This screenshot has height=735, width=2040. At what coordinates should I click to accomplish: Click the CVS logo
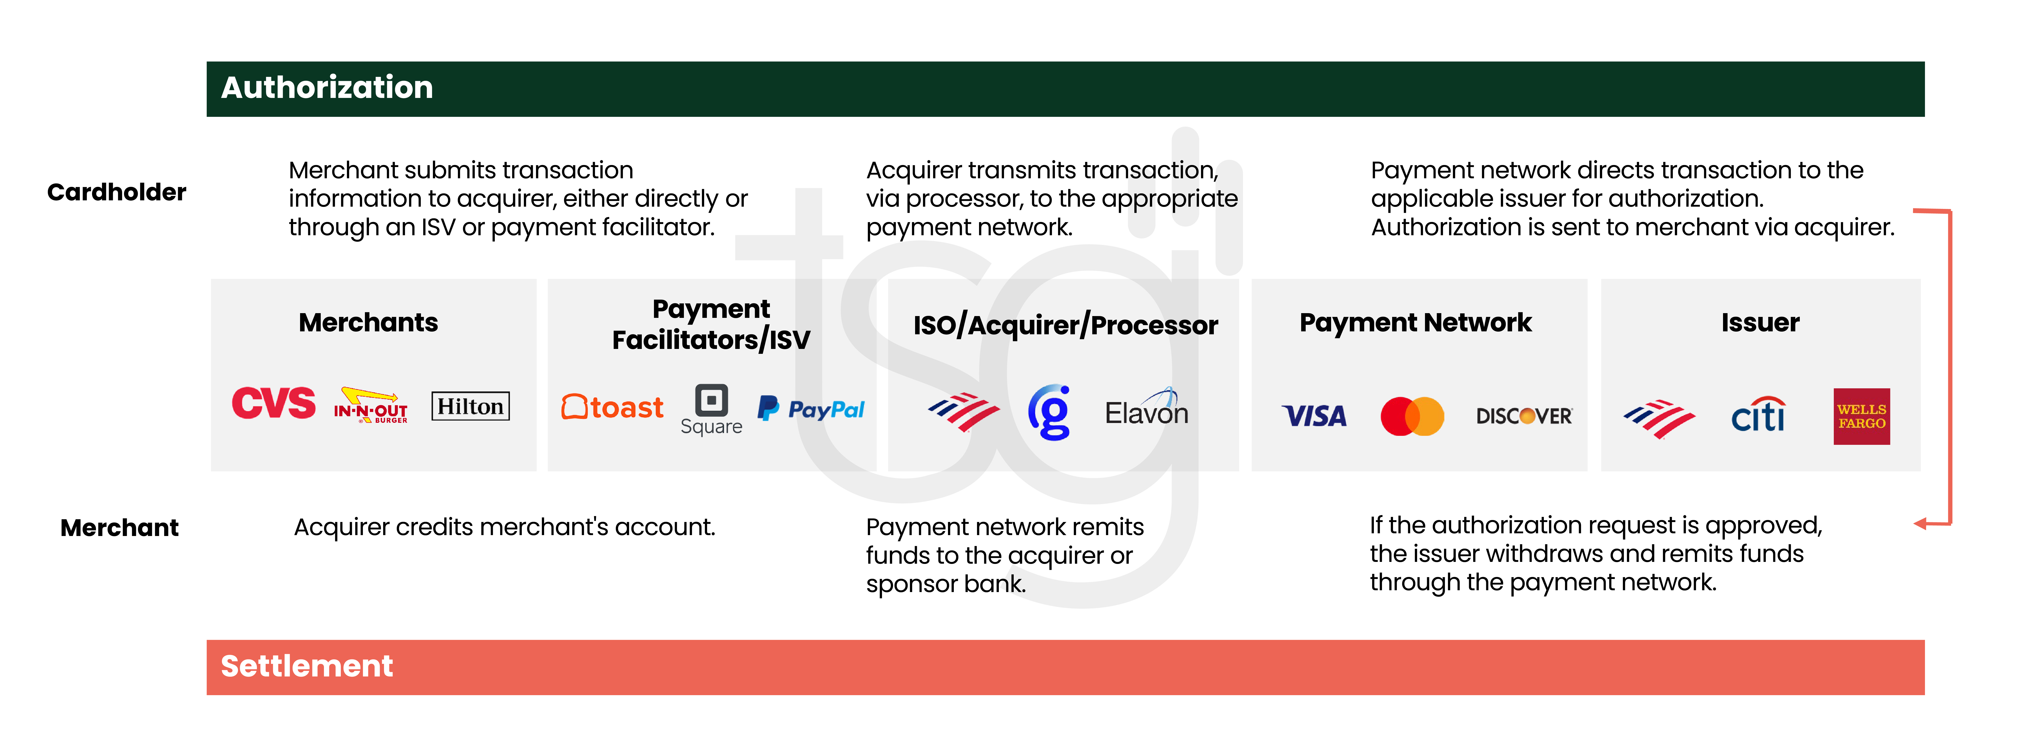tap(273, 404)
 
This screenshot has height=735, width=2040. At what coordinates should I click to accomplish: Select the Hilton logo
tap(470, 406)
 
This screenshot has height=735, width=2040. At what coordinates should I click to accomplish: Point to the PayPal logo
tap(811, 409)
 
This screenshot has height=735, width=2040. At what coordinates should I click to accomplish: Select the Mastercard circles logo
tap(1412, 416)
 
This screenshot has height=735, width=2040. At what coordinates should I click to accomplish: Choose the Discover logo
tap(1524, 416)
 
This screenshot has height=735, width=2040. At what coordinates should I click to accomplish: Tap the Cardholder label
tap(116, 192)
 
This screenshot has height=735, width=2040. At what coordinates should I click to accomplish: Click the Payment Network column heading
tap(1415, 322)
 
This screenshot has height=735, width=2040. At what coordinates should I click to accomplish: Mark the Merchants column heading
tap(368, 322)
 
